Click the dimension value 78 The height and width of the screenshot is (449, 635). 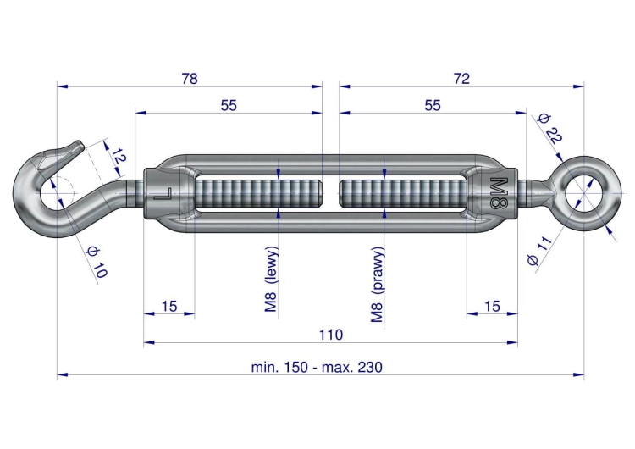pos(190,79)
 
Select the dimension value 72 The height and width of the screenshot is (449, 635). pos(461,79)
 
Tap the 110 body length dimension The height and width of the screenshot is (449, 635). pos(331,335)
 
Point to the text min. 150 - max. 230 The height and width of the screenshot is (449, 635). pos(317,367)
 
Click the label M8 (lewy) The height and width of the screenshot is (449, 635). pos(271,280)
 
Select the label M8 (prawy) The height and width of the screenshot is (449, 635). pos(377,285)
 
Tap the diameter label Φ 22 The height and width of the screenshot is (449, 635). pos(549,129)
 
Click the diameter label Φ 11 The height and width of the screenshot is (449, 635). pos(540,252)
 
